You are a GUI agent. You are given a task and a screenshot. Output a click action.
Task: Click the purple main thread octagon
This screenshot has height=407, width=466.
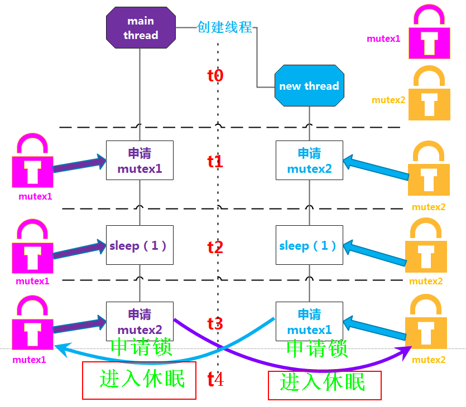[x=141, y=28]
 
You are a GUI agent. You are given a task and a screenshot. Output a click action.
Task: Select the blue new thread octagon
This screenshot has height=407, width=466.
[x=309, y=86]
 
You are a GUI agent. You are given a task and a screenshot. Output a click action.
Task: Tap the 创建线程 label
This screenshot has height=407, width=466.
[x=224, y=27]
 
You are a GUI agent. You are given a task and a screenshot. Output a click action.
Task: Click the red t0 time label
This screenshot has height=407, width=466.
[x=215, y=76]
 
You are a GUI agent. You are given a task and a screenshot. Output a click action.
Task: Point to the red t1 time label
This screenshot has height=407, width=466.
[x=215, y=162]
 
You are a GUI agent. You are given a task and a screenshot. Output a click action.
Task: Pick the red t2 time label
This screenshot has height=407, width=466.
[x=215, y=247]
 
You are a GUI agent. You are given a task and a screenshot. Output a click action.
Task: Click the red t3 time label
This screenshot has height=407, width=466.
[x=215, y=323]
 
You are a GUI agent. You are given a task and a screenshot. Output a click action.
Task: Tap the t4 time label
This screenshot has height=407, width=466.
[x=215, y=380]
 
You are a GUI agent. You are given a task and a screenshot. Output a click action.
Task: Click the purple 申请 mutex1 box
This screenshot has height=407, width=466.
[x=140, y=160]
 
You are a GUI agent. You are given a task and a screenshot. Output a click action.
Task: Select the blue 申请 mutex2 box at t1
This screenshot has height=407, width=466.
[x=309, y=160]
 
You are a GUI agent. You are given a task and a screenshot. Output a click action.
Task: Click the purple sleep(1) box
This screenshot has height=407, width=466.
[x=140, y=245]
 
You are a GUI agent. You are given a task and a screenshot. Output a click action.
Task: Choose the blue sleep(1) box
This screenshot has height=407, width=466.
[x=309, y=245]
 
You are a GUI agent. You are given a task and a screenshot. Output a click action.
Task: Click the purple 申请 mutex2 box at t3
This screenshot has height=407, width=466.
[x=140, y=322]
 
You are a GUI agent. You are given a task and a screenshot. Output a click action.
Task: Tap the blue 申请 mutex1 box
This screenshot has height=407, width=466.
[x=309, y=322]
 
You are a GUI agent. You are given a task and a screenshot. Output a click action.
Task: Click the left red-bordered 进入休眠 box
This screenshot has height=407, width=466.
[x=140, y=380]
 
